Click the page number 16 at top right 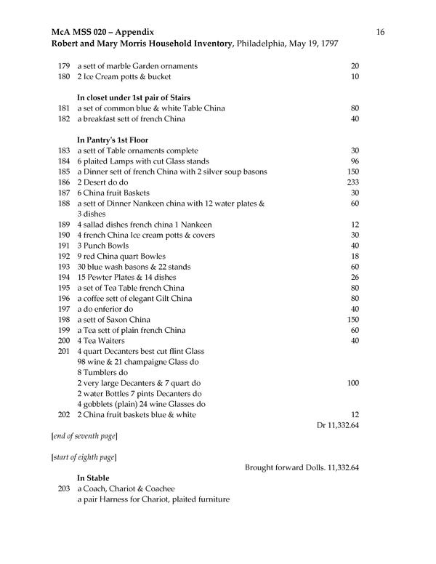(380, 32)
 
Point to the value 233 (353, 182)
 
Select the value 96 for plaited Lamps (355, 161)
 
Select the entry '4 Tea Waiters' (100, 341)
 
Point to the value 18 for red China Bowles (355, 257)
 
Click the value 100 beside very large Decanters (353, 383)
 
